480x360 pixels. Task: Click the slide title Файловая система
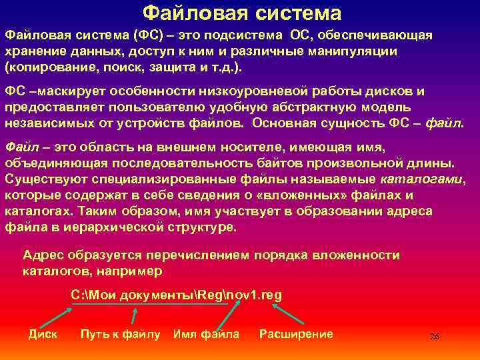point(242,13)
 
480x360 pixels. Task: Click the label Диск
point(43,334)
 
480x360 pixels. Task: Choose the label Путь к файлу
point(120,334)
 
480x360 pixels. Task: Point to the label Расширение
point(296,334)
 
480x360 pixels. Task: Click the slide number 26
point(434,337)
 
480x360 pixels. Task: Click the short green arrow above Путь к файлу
point(134,315)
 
